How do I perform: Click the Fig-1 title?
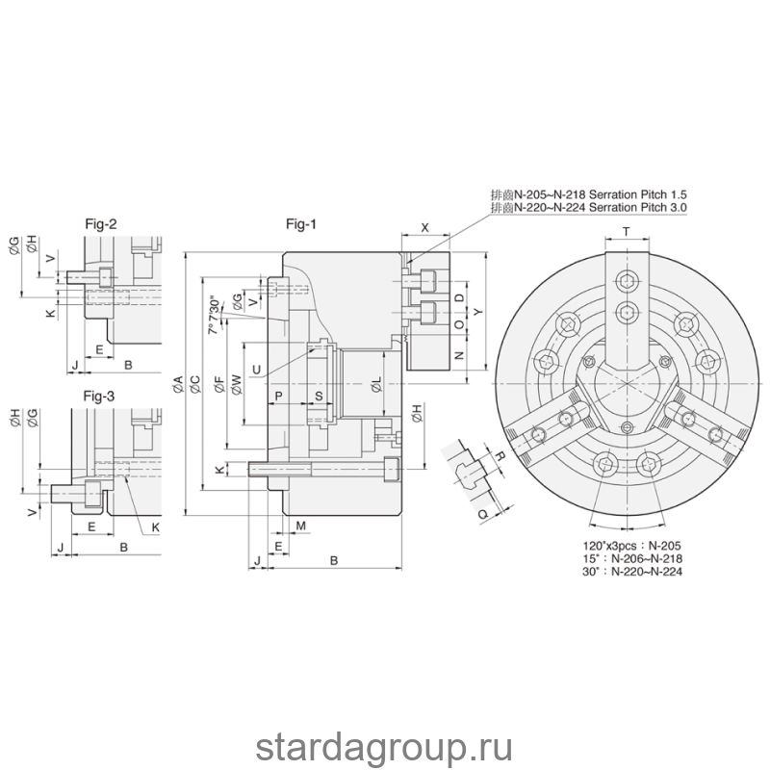coord(301,224)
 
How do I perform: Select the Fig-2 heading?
coord(101,224)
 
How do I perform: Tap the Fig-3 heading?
coord(99,396)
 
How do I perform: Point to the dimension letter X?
coord(425,228)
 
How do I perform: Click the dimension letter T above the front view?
coord(627,232)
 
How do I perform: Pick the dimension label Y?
coord(477,312)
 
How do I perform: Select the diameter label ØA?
coord(178,384)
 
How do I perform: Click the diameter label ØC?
coord(195,384)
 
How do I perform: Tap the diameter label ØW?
coord(236,384)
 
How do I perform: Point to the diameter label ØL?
coord(376,384)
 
